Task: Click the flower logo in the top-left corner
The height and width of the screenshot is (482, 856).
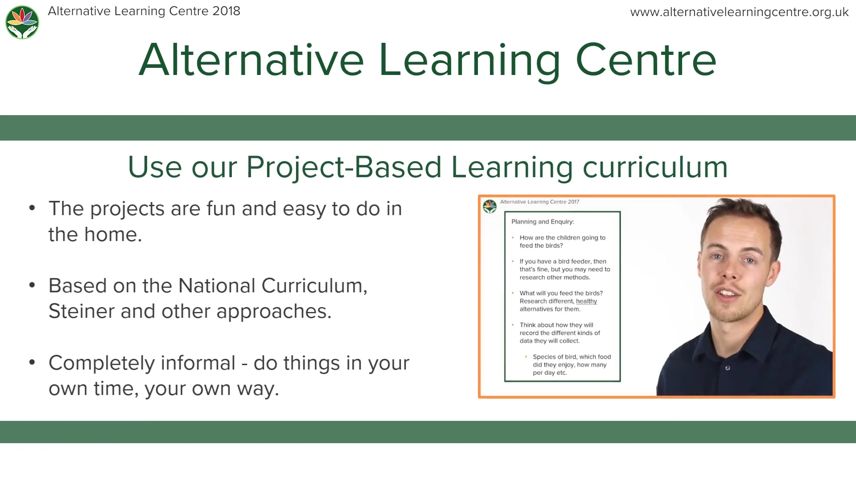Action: (22, 22)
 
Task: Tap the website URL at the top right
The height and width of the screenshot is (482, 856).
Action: (739, 12)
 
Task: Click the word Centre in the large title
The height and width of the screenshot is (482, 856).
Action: (646, 60)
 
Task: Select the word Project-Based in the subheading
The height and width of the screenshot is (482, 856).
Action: (344, 167)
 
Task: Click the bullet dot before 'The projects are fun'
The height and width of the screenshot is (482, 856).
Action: (32, 208)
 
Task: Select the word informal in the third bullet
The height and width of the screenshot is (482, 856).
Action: (198, 363)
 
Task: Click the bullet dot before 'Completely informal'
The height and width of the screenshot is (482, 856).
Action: (32, 362)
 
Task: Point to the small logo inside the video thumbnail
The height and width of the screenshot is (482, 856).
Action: (490, 206)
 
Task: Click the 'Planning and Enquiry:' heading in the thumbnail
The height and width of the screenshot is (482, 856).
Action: (543, 222)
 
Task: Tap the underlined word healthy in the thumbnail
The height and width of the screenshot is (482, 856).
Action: (586, 301)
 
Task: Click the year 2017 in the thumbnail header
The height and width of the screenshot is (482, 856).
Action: (573, 202)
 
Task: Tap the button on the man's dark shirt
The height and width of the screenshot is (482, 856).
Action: (728, 368)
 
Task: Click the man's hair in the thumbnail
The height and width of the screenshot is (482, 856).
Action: (740, 214)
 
